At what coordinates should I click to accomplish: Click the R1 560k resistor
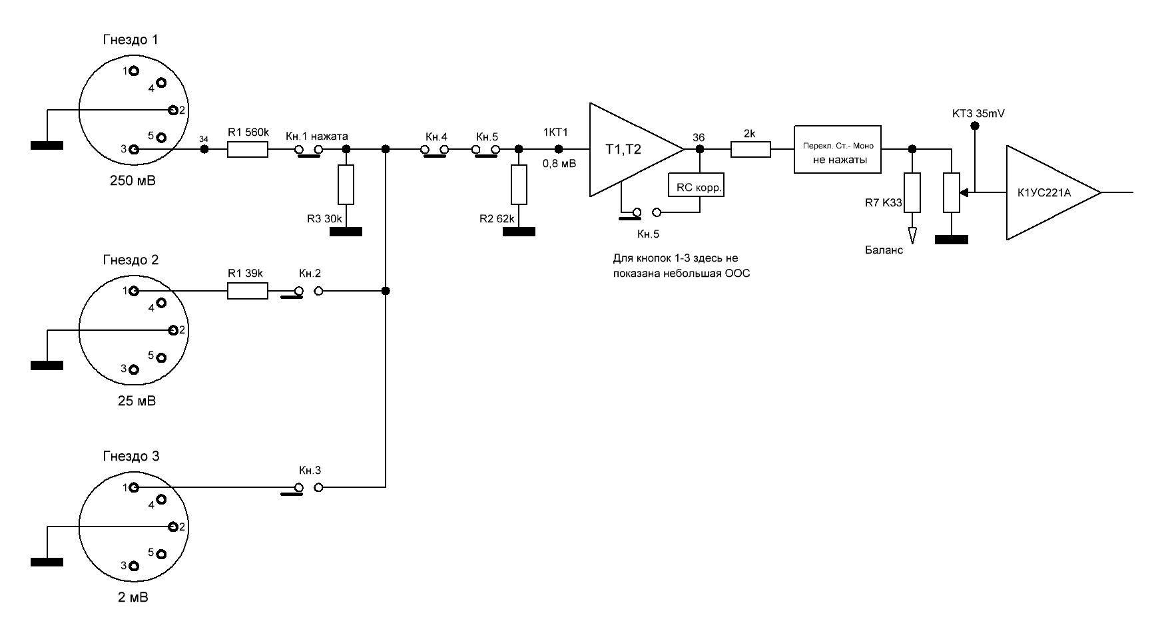[248, 150]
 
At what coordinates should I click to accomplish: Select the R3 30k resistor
[346, 184]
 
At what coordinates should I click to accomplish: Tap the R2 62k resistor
[519, 184]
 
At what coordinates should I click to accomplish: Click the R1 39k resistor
[248, 291]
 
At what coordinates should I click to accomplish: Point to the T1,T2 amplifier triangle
[636, 150]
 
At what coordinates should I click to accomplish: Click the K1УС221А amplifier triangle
[1052, 192]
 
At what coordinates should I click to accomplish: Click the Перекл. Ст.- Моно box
[838, 150]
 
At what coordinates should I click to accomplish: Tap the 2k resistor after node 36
[750, 150]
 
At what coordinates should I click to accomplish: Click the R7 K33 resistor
[912, 193]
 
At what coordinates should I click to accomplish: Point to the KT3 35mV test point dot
[975, 126]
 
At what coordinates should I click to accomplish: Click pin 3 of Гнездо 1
[134, 150]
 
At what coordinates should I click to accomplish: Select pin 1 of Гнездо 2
[134, 291]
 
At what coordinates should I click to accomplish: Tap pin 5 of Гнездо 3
[160, 554]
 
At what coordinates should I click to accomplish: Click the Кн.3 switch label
[310, 470]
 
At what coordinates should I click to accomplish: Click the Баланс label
[884, 250]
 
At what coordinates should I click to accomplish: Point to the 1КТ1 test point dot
[558, 150]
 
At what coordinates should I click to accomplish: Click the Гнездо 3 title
[131, 457]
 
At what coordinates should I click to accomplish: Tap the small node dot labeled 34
[204, 150]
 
